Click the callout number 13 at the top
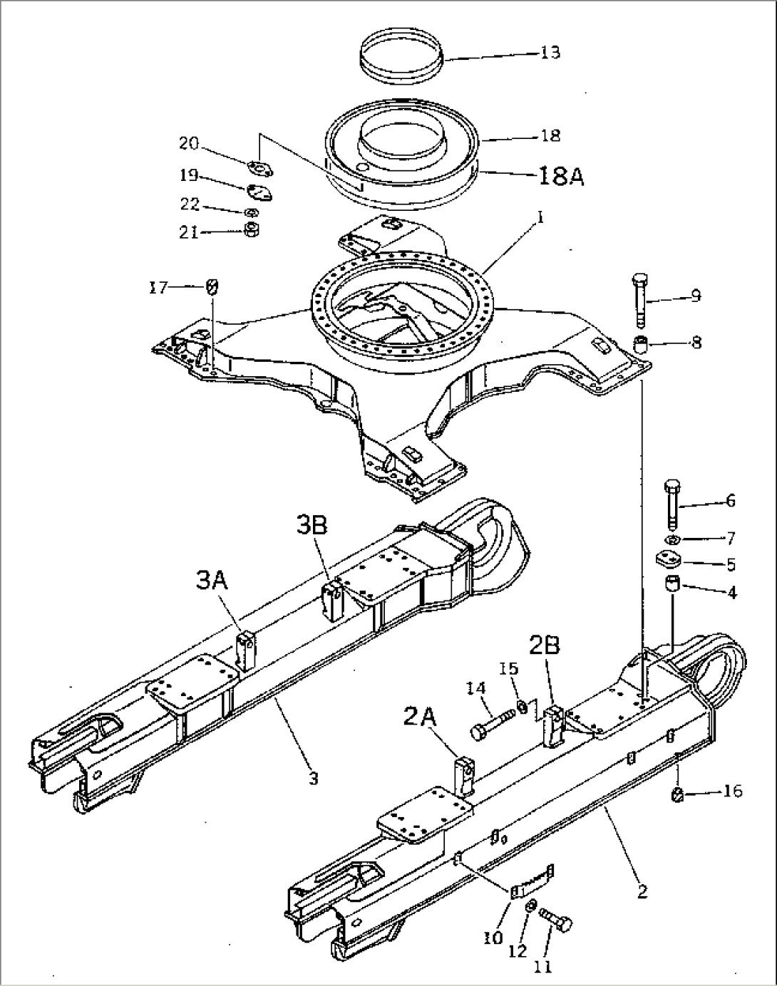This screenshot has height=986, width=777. tap(550, 53)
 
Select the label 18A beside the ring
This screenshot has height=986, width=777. tap(561, 176)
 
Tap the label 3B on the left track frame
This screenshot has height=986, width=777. tap(312, 525)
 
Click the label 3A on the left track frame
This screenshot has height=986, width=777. tap(212, 581)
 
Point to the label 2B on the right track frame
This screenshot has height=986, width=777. tap(544, 645)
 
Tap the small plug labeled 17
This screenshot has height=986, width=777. tap(212, 287)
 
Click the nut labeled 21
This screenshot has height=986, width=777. tap(251, 230)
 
